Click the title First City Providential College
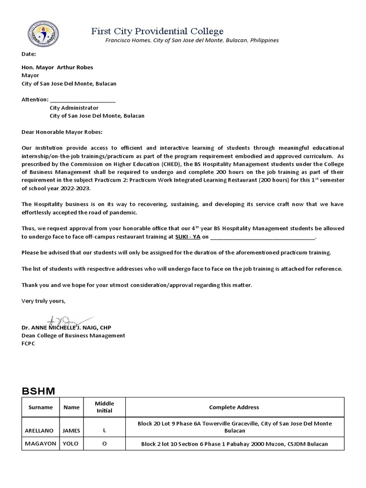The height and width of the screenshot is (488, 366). pyautogui.click(x=157, y=31)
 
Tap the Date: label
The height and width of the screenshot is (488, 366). pyautogui.click(x=29, y=55)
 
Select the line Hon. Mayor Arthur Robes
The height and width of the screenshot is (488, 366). pyautogui.click(x=56, y=67)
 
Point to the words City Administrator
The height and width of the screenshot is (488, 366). pyautogui.click(x=74, y=108)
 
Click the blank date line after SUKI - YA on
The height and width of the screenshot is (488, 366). pyautogui.click(x=263, y=236)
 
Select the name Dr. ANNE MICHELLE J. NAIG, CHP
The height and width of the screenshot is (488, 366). pyautogui.click(x=66, y=328)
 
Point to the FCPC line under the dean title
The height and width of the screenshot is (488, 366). pyautogui.click(x=29, y=343)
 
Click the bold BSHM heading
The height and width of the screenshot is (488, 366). pyautogui.click(x=39, y=391)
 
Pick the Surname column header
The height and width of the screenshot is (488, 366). pyautogui.click(x=41, y=407)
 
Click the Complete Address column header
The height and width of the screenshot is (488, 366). pyautogui.click(x=234, y=407)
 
